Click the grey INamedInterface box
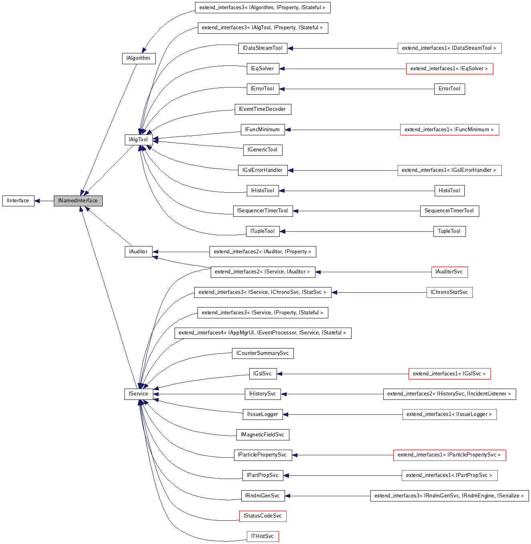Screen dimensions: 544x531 (x=78, y=201)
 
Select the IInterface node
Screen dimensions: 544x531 (x=18, y=201)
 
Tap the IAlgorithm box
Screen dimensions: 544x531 (x=138, y=58)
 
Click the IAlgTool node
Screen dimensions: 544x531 (x=138, y=140)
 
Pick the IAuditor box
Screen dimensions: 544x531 (x=138, y=252)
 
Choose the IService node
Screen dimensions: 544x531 (x=138, y=394)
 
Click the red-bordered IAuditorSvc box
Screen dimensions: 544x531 (x=449, y=272)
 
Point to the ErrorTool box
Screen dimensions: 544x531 (x=449, y=89)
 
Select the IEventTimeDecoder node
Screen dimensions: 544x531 (x=262, y=109)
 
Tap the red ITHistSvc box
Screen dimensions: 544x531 (x=262, y=536)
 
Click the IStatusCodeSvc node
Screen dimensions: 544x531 (x=262, y=516)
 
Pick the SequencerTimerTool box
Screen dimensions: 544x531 (x=449, y=211)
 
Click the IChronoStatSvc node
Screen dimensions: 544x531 (x=449, y=292)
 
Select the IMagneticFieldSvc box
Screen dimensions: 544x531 (x=262, y=435)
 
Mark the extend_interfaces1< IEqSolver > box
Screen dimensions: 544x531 (x=449, y=69)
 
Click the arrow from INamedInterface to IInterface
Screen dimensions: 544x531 (x=44, y=201)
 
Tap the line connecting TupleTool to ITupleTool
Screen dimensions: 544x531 (x=357, y=231)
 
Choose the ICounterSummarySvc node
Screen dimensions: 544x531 (x=262, y=353)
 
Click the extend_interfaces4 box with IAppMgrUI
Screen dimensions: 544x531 (x=262, y=333)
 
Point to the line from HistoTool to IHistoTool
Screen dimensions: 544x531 (x=357, y=191)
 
